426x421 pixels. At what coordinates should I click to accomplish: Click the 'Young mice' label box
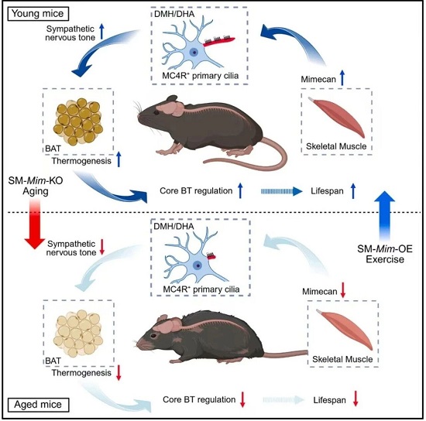38,14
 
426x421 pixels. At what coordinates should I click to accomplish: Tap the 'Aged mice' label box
38,405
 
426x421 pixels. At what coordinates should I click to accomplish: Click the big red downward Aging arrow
35,224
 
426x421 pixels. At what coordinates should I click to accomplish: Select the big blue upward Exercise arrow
384,216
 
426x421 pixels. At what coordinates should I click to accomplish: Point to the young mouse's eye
156,112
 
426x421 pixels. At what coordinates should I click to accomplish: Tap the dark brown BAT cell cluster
78,122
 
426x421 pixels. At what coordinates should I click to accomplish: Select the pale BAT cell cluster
78,333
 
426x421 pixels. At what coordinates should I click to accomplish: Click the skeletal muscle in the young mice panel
337,118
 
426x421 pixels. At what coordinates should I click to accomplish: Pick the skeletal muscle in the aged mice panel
344,329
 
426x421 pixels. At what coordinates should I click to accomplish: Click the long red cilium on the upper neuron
219,41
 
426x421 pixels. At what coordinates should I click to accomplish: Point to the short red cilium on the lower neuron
211,256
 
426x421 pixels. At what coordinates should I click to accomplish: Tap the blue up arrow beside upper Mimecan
342,77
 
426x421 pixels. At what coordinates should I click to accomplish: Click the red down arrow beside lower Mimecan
343,290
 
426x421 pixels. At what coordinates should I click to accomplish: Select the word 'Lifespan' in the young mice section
327,191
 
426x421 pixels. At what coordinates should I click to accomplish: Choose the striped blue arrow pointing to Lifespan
282,191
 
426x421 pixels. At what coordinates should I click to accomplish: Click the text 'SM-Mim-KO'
36,180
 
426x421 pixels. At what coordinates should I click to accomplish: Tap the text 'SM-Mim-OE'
385,249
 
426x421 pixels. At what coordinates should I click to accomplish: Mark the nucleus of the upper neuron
194,52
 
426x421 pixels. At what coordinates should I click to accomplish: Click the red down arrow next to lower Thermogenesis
119,373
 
